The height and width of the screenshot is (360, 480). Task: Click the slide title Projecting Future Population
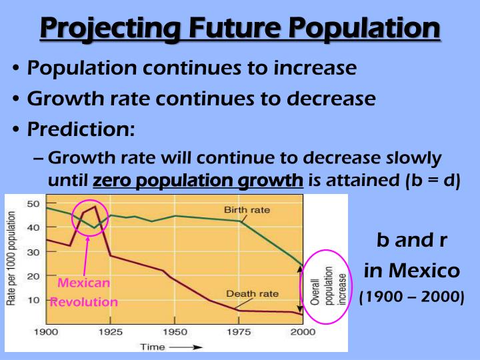(x=240, y=29)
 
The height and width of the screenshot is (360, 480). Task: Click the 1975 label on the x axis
(x=238, y=331)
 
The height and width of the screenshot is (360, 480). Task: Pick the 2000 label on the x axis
(x=302, y=331)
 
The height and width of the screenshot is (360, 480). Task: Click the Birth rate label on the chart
(x=247, y=210)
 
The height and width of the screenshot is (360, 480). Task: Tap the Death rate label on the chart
(x=252, y=293)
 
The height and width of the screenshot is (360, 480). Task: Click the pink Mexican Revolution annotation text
(x=84, y=292)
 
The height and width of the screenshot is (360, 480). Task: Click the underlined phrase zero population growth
(x=198, y=181)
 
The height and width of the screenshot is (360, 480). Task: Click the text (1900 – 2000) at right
(x=411, y=297)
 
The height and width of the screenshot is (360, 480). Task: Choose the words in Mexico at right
(x=411, y=271)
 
